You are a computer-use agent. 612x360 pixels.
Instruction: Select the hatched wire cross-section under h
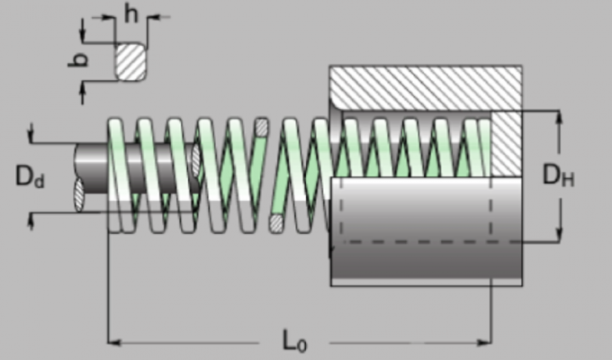click(130, 61)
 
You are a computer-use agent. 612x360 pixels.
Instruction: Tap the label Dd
click(30, 176)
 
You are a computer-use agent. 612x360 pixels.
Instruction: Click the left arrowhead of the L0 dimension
click(113, 341)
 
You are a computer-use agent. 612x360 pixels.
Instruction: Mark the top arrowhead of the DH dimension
click(560, 117)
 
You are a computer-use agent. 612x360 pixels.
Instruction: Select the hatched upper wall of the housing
click(423, 89)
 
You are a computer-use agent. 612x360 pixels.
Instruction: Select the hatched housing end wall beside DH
click(506, 144)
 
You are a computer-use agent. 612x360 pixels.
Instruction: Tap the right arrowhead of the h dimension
click(149, 16)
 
